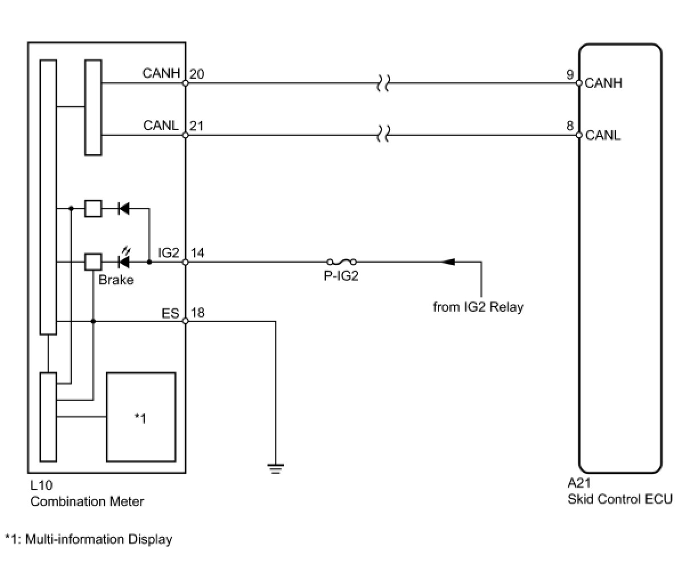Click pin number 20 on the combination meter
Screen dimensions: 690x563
click(197, 74)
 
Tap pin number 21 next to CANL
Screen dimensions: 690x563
click(196, 126)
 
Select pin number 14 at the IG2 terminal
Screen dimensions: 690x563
click(198, 252)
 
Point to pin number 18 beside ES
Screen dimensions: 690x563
click(198, 313)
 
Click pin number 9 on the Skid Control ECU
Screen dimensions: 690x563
click(570, 75)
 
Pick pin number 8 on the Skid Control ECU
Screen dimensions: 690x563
click(570, 126)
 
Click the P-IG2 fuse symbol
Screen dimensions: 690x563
click(342, 262)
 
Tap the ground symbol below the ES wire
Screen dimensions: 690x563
click(275, 469)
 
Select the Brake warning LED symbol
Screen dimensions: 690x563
click(124, 259)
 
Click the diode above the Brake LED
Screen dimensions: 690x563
click(123, 208)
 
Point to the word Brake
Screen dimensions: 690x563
click(116, 280)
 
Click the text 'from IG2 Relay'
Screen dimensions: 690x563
click(478, 307)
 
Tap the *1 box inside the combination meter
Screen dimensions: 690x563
click(141, 417)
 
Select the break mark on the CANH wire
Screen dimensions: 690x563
click(383, 83)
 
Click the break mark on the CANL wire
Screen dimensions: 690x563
click(383, 134)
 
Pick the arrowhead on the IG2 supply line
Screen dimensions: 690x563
click(449, 262)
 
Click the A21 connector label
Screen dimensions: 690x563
click(579, 483)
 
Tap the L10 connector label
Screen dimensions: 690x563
click(41, 485)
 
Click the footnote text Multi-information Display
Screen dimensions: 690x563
click(99, 539)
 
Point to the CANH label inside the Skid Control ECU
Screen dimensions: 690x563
click(603, 83)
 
